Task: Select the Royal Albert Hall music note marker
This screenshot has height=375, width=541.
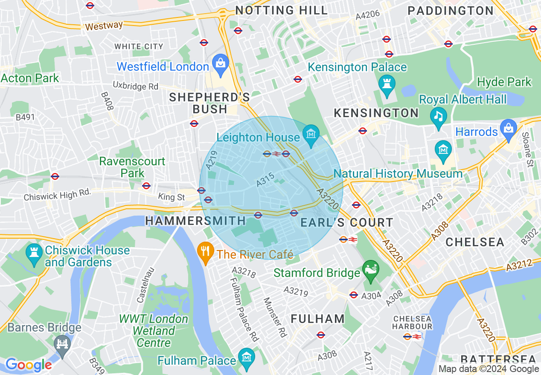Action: coord(438,115)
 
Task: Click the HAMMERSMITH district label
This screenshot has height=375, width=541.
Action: coord(195,221)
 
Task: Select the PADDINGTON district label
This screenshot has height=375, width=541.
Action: coord(451,10)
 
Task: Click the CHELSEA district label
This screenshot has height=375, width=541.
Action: coord(475,242)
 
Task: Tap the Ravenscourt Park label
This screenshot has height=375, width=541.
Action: coord(132,167)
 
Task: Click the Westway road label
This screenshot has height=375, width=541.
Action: coord(104,26)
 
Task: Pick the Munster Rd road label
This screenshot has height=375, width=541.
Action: coord(274,317)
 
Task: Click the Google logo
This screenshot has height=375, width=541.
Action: coord(28,365)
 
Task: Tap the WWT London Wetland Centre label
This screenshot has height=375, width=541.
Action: coord(153,331)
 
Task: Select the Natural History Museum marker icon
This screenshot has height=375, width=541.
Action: coord(444,150)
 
